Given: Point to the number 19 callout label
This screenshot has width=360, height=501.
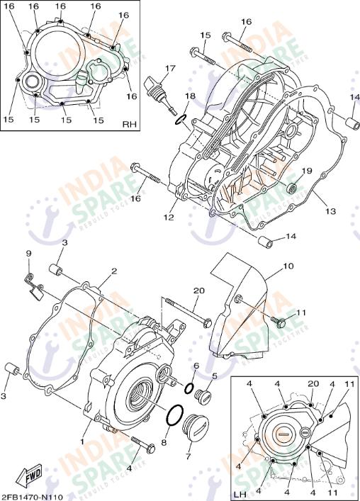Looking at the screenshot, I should coord(307,171).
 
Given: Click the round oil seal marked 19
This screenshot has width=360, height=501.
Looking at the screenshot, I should coord(292,189).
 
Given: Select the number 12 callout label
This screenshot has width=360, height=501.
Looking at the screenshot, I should coord(169,217).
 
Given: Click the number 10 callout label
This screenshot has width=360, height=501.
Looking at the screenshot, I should coord(288,266).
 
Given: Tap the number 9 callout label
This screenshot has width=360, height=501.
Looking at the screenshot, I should coord(29,253).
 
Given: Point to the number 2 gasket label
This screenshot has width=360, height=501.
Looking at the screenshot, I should coord(112,271).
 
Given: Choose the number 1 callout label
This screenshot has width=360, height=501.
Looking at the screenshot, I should coord(82,441).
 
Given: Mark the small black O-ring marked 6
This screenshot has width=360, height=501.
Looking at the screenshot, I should coord(189,388).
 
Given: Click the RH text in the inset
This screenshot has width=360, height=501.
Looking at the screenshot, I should coord(128,124).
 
